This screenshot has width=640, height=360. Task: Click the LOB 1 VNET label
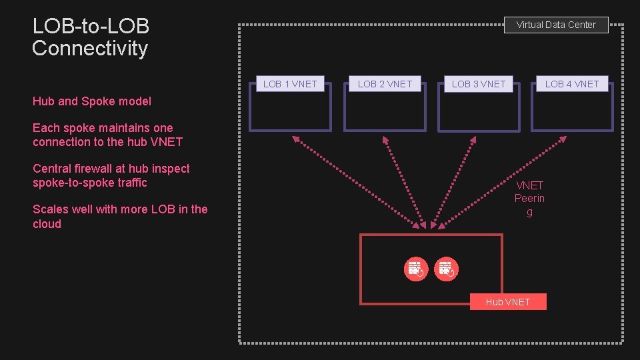pyautogui.click(x=290, y=84)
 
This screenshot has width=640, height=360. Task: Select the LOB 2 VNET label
pyautogui.click(x=385, y=84)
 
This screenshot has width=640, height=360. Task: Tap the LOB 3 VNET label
pyautogui.click(x=479, y=84)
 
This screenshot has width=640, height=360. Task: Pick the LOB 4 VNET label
pyautogui.click(x=572, y=84)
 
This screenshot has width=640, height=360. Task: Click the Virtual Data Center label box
pyautogui.click(x=556, y=25)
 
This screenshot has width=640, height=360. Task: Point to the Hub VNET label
pyautogui.click(x=508, y=302)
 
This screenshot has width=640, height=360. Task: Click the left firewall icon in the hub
pyautogui.click(x=416, y=269)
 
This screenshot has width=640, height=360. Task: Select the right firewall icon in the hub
pyautogui.click(x=446, y=269)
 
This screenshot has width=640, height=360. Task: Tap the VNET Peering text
pyautogui.click(x=529, y=199)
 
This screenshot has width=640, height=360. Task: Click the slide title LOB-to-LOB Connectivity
pyautogui.click(x=91, y=37)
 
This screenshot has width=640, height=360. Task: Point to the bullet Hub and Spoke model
pyautogui.click(x=92, y=101)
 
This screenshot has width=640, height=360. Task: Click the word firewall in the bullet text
pyautogui.click(x=94, y=169)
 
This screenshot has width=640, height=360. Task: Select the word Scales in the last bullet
pyautogui.click(x=51, y=209)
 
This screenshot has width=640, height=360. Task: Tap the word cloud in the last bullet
pyautogui.click(x=47, y=224)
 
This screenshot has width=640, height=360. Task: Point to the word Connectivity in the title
pyautogui.click(x=90, y=48)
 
